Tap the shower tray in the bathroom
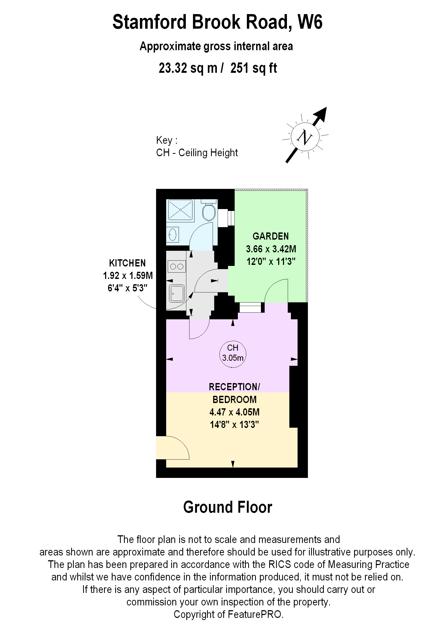pos(180,210)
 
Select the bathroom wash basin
pos(173,234)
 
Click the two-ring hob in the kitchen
pos(177,266)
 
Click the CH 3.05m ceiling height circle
pos(233,354)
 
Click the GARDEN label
pos(270,236)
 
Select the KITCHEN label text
pos(127,263)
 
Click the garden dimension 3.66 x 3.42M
pos(271,249)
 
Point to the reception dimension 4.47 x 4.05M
pos(234,412)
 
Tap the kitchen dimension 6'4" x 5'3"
pos(127,288)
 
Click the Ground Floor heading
pos(228,507)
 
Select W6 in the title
pos(310,22)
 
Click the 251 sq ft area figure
pos(253,68)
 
